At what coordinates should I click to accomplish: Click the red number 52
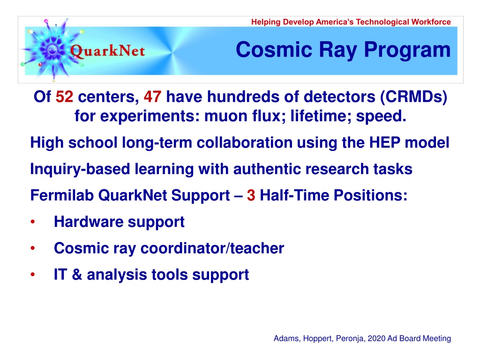coord(64,97)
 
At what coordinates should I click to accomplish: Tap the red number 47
coord(152,97)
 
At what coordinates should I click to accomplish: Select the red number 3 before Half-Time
coord(251,195)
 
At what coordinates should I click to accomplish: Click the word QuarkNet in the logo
coord(107,51)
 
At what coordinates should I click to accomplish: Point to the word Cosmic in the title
coord(274,50)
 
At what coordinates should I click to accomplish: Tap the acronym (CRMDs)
coord(413,97)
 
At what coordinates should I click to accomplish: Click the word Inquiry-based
coord(80,169)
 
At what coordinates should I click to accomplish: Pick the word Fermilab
coord(62,195)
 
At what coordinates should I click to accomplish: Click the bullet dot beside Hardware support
coord(33,222)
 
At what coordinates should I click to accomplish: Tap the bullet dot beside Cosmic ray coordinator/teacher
coord(33,248)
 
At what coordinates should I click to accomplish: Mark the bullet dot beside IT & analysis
coord(33,275)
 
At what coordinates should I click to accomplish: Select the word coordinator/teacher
coord(212,248)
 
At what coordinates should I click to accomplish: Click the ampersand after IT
coord(77,275)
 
